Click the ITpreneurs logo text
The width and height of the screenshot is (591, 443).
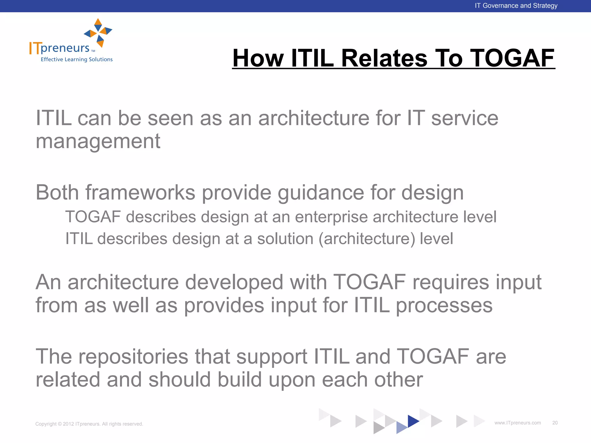[x=60, y=48]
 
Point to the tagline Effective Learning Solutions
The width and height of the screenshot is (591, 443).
[x=76, y=59]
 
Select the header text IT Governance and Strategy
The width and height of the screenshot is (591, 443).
[x=516, y=6]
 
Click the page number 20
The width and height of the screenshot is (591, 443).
[x=555, y=423]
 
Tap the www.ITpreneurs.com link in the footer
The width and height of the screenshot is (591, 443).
[x=517, y=423]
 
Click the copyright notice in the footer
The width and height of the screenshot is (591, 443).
[x=89, y=424]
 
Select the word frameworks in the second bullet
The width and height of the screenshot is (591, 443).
[x=140, y=193]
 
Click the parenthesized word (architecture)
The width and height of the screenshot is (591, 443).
[x=367, y=239]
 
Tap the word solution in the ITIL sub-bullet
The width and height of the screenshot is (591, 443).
[x=285, y=239]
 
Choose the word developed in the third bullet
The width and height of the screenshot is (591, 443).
[x=234, y=282]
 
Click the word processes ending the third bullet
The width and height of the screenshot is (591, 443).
[x=444, y=305]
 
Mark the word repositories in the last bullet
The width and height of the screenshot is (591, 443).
[x=133, y=356]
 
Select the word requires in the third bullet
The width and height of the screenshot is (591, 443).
[x=451, y=282]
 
